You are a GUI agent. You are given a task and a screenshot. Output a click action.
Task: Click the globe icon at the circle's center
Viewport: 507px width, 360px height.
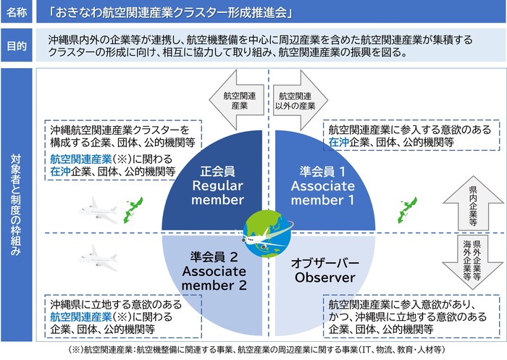267,231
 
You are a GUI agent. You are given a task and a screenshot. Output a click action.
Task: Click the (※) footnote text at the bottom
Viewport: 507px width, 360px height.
253,350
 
